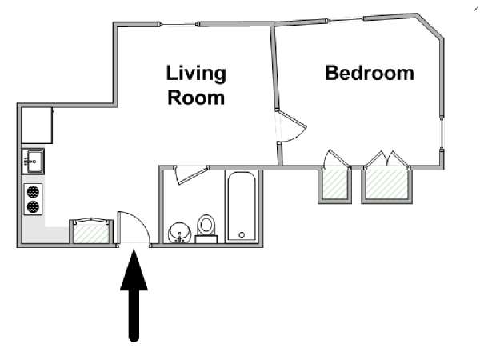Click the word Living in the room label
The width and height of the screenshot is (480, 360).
click(x=196, y=74)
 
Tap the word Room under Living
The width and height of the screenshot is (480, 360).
click(x=196, y=98)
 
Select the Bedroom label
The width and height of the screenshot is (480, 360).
click(x=370, y=73)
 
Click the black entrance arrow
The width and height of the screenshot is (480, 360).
click(x=134, y=295)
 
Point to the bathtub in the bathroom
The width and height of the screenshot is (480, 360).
click(x=242, y=206)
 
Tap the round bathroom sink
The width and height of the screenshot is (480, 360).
click(x=179, y=233)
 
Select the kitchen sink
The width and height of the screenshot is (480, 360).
click(x=33, y=162)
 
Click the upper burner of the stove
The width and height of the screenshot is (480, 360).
click(x=33, y=192)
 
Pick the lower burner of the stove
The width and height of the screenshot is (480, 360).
click(x=33, y=207)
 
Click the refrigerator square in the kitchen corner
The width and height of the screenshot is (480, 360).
click(x=37, y=126)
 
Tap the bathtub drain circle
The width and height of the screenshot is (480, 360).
click(x=242, y=235)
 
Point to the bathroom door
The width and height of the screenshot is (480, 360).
click(x=191, y=176)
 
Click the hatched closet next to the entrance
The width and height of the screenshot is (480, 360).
click(x=91, y=232)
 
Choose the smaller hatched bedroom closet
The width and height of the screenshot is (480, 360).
click(x=335, y=184)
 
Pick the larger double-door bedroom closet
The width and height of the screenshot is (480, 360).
click(x=387, y=184)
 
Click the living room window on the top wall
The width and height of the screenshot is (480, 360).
click(x=178, y=24)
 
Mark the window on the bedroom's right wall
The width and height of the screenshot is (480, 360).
click(x=442, y=134)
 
